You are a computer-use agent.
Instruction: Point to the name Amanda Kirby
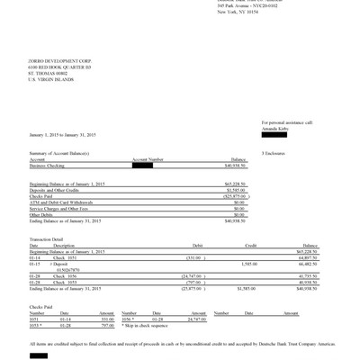click(276, 127)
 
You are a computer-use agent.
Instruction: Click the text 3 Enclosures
click(274, 154)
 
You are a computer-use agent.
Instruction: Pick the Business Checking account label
click(50, 166)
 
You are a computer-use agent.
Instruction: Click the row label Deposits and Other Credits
click(56, 189)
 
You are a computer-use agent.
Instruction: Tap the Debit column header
click(199, 243)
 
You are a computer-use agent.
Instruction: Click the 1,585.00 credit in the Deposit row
click(250, 262)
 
